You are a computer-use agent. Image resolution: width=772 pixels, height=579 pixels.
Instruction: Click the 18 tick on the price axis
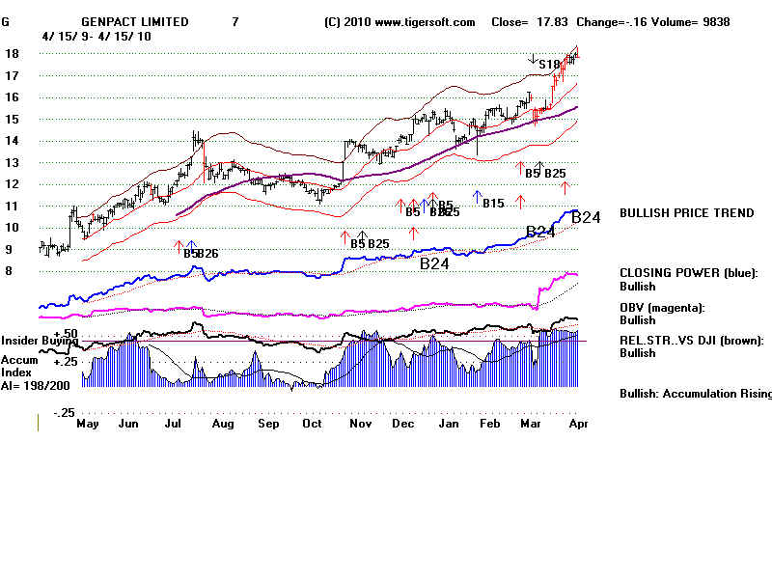click(13, 54)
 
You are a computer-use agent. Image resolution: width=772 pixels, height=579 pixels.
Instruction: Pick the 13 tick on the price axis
click(13, 162)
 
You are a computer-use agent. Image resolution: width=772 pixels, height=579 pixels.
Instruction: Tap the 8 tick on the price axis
click(9, 271)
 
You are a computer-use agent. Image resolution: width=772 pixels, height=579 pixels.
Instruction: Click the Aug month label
click(223, 424)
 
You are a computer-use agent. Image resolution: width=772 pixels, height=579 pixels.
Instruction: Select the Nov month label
click(359, 424)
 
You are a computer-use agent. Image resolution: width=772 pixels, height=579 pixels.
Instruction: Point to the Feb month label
click(490, 424)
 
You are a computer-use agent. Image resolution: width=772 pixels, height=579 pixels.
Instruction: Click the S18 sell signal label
click(548, 65)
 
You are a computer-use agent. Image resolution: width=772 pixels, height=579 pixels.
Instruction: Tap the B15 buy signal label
click(493, 204)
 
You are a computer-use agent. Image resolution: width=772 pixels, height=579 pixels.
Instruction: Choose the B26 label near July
click(207, 254)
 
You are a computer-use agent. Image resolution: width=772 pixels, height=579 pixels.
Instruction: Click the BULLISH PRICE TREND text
click(686, 213)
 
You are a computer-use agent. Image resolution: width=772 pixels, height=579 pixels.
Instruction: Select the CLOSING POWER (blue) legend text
click(688, 273)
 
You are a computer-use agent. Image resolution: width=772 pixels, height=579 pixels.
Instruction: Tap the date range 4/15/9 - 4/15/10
click(96, 36)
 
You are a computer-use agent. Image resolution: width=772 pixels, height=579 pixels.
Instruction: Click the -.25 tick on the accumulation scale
click(63, 413)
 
